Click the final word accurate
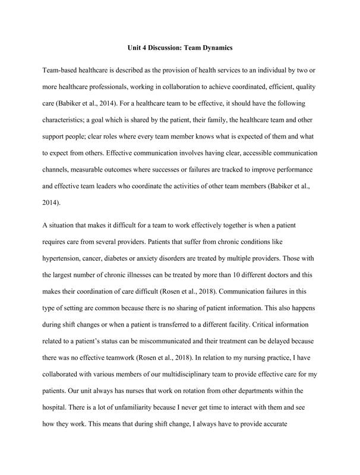coord(293,423)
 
